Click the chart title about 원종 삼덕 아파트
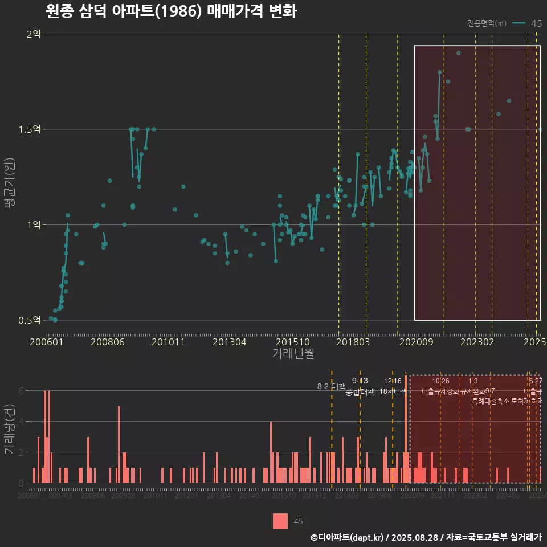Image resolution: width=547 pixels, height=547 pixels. tap(170, 12)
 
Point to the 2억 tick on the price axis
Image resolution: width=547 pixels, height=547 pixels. tap(34, 34)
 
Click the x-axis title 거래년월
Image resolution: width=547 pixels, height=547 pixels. tap(293, 354)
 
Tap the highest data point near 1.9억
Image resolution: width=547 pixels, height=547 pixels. tap(459, 53)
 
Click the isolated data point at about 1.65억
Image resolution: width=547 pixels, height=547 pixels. tap(509, 101)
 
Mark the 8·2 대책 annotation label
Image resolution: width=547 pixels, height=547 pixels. tap(331, 386)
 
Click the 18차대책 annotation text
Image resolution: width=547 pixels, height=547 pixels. tap(392, 391)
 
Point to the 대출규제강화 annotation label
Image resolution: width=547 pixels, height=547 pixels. tap(440, 391)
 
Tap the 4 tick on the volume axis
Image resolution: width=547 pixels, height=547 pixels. tap(21, 422)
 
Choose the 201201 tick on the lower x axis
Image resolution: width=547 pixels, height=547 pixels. tap(186, 496)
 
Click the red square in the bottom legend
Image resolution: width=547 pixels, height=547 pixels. tap(280, 521)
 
